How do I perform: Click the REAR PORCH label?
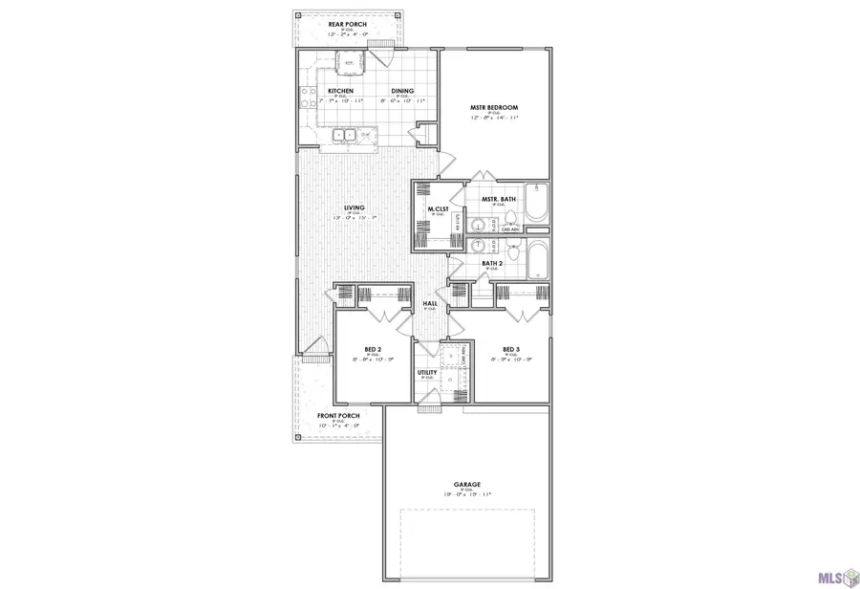348,24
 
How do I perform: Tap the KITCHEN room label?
341,91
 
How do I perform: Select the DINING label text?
401,91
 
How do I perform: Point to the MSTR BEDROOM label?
493,107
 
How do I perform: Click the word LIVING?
355,207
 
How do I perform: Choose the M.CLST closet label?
439,208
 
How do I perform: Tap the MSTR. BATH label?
499,200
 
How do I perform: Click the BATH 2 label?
492,263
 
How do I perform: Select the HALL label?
431,304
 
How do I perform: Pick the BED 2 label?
374,349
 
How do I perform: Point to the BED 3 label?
511,349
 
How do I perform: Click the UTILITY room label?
427,372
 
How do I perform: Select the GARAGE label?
467,485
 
